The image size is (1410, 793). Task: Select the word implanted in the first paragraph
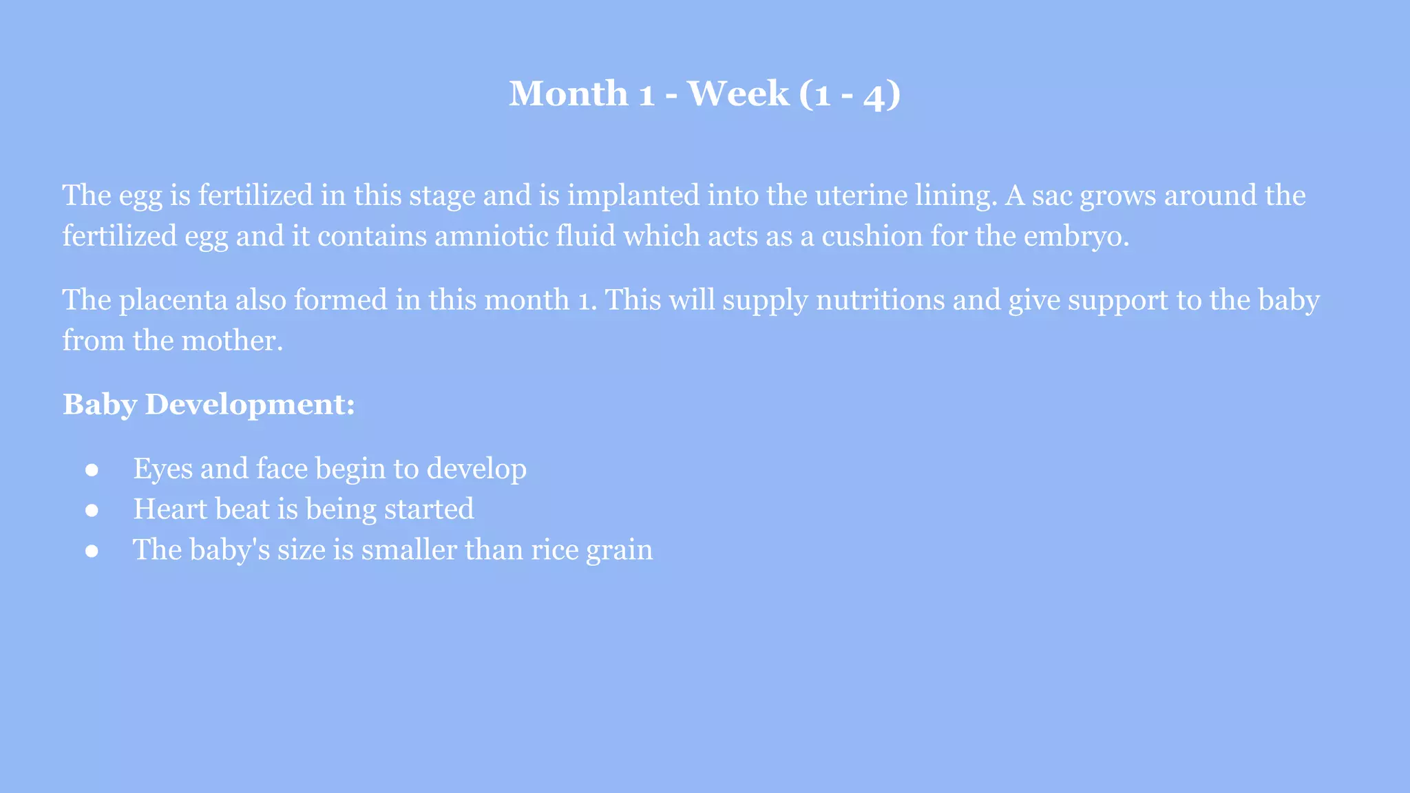tap(633, 195)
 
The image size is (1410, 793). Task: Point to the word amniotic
tap(490, 236)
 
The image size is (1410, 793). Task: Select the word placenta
tap(173, 300)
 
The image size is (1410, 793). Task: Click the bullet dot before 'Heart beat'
tap(92, 510)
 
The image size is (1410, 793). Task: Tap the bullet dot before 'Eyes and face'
tap(92, 469)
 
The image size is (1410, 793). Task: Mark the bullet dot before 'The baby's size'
tap(92, 551)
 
